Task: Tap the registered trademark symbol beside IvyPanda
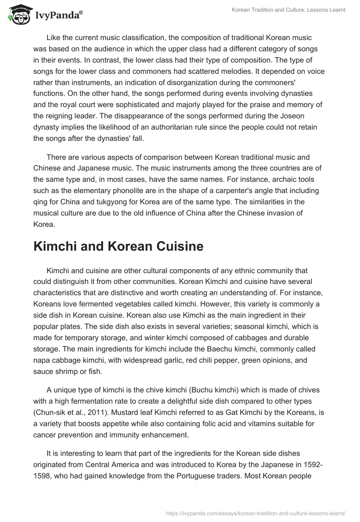pos(81,14)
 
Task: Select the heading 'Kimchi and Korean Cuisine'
pos(118,246)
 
